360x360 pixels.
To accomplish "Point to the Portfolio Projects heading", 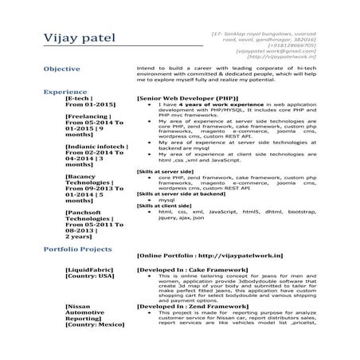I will (x=79, y=249).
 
